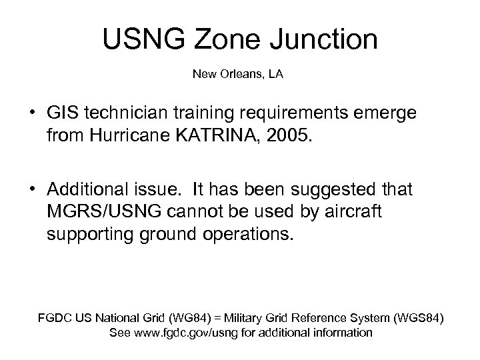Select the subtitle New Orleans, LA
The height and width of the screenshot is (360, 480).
pos(238,74)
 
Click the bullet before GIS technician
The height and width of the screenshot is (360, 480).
pos(31,115)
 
